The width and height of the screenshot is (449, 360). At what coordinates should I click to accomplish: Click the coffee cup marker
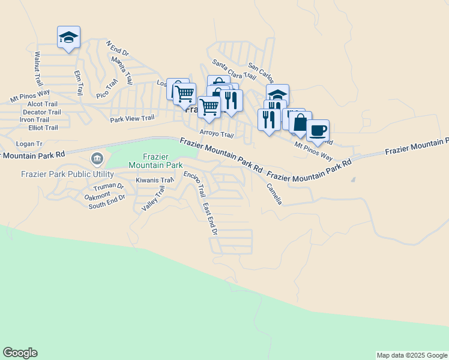(x=318, y=130)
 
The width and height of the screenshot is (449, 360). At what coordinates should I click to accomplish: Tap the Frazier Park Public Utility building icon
(x=97, y=159)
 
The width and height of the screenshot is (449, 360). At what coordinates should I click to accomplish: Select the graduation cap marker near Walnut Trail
(x=68, y=37)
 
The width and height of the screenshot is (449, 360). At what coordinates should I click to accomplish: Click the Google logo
(x=20, y=353)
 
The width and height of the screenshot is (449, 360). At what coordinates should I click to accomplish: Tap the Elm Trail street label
(x=78, y=83)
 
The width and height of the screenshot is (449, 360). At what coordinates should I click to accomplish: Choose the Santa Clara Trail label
(x=234, y=68)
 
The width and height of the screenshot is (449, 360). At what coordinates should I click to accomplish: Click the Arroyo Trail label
(x=216, y=134)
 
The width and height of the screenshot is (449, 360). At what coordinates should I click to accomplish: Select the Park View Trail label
(x=132, y=118)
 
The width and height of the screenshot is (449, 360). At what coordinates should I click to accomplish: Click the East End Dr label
(x=209, y=218)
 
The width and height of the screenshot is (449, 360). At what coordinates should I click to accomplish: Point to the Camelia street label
(x=274, y=193)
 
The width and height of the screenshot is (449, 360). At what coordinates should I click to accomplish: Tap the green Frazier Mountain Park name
(x=155, y=160)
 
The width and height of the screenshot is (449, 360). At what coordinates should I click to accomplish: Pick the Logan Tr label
(x=29, y=144)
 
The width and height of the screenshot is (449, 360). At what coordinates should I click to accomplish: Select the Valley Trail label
(x=152, y=199)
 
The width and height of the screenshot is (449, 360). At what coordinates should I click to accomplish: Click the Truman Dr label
(x=108, y=187)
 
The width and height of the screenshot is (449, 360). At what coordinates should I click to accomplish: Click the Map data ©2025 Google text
(x=412, y=355)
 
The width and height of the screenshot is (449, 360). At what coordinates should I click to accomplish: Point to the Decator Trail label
(x=41, y=112)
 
